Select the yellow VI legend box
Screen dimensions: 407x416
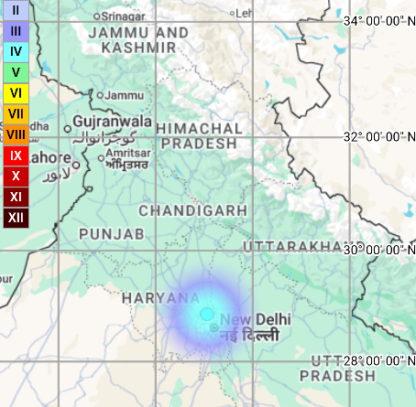coord(16,92)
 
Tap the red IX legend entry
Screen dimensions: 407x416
coord(16,155)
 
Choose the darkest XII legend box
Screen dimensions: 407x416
coord(16,218)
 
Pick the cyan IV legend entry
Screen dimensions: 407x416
coord(16,51)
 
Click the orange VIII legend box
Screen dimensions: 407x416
coord(16,134)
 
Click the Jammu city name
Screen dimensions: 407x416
coord(126,95)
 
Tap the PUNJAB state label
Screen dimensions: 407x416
coord(112,235)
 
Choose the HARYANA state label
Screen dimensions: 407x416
coord(161,298)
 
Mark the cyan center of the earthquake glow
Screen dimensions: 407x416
coord(206,314)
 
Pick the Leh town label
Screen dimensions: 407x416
coord(244,14)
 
